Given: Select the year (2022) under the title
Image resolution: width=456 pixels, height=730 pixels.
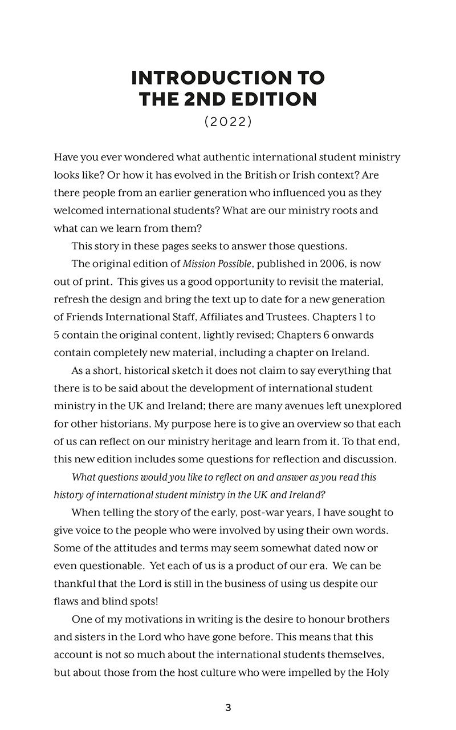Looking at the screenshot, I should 228,122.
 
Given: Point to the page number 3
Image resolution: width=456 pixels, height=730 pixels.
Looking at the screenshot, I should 228,708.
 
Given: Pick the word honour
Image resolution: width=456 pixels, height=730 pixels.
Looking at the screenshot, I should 329,619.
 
